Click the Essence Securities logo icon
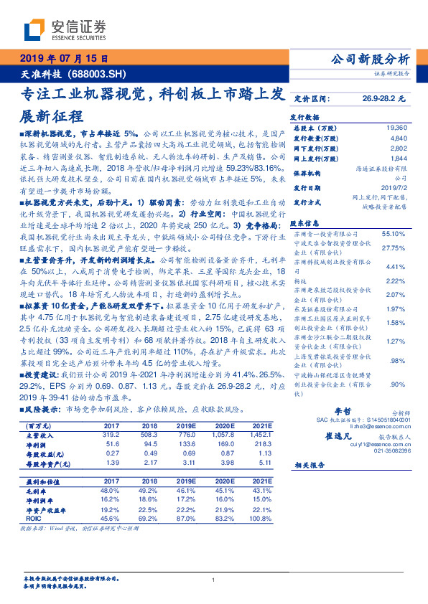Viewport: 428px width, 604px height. pyautogui.click(x=34, y=30)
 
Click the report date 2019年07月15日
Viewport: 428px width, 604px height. pyautogui.click(x=62, y=58)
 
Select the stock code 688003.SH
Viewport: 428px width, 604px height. pyautogui.click(x=101, y=72)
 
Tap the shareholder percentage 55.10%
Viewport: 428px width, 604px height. pyautogui.click(x=396, y=233)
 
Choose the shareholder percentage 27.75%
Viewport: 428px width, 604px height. pyautogui.click(x=396, y=247)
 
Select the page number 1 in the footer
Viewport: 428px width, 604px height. pyautogui.click(x=214, y=580)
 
